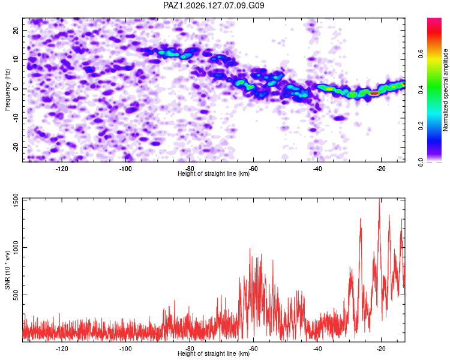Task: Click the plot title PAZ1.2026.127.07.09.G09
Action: (x=214, y=5)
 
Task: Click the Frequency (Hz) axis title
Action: (x=7, y=90)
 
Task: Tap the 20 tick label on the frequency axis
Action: (x=16, y=30)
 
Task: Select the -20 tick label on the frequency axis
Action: (x=16, y=146)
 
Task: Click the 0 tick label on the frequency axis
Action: (x=16, y=89)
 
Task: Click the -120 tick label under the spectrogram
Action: (x=62, y=169)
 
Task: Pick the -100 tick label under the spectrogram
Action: (x=125, y=169)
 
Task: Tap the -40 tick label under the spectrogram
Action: (x=317, y=169)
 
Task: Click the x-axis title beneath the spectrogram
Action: (x=214, y=173)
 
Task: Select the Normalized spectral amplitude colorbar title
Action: (x=445, y=90)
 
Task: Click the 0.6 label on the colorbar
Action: (x=421, y=53)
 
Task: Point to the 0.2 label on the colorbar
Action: (x=421, y=126)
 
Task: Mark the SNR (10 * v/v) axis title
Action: (x=7, y=270)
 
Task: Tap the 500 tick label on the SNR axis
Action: (x=16, y=295)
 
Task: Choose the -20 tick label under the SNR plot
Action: (x=381, y=349)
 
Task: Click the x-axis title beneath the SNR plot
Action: (x=214, y=353)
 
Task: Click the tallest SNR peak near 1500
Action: (x=380, y=199)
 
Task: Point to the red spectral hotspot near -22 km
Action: (x=374, y=94)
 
